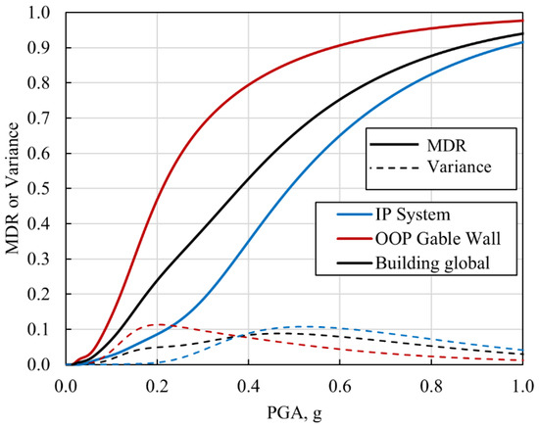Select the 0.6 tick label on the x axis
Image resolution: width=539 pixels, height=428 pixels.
pyautogui.click(x=339, y=382)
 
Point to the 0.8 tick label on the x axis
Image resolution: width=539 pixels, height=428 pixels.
pyautogui.click(x=430, y=382)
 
